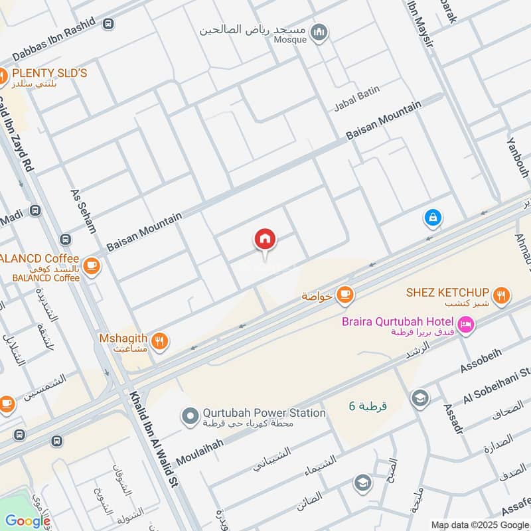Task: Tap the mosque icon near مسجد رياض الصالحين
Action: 319,33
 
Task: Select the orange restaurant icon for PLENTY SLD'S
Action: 2,76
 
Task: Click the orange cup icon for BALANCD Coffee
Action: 92,264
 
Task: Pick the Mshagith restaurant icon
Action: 159,342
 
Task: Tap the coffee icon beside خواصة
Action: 344,295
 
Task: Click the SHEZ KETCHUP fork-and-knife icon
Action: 502,295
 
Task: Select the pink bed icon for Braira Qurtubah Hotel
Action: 467,325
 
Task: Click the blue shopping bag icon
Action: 433,217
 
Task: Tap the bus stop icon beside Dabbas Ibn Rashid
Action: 108,24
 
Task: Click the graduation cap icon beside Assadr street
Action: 419,398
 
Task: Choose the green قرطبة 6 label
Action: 368,406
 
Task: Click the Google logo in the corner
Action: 27,521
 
